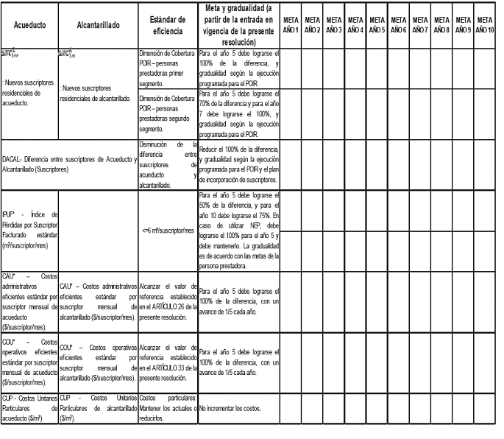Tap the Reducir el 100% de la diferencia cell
238,164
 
